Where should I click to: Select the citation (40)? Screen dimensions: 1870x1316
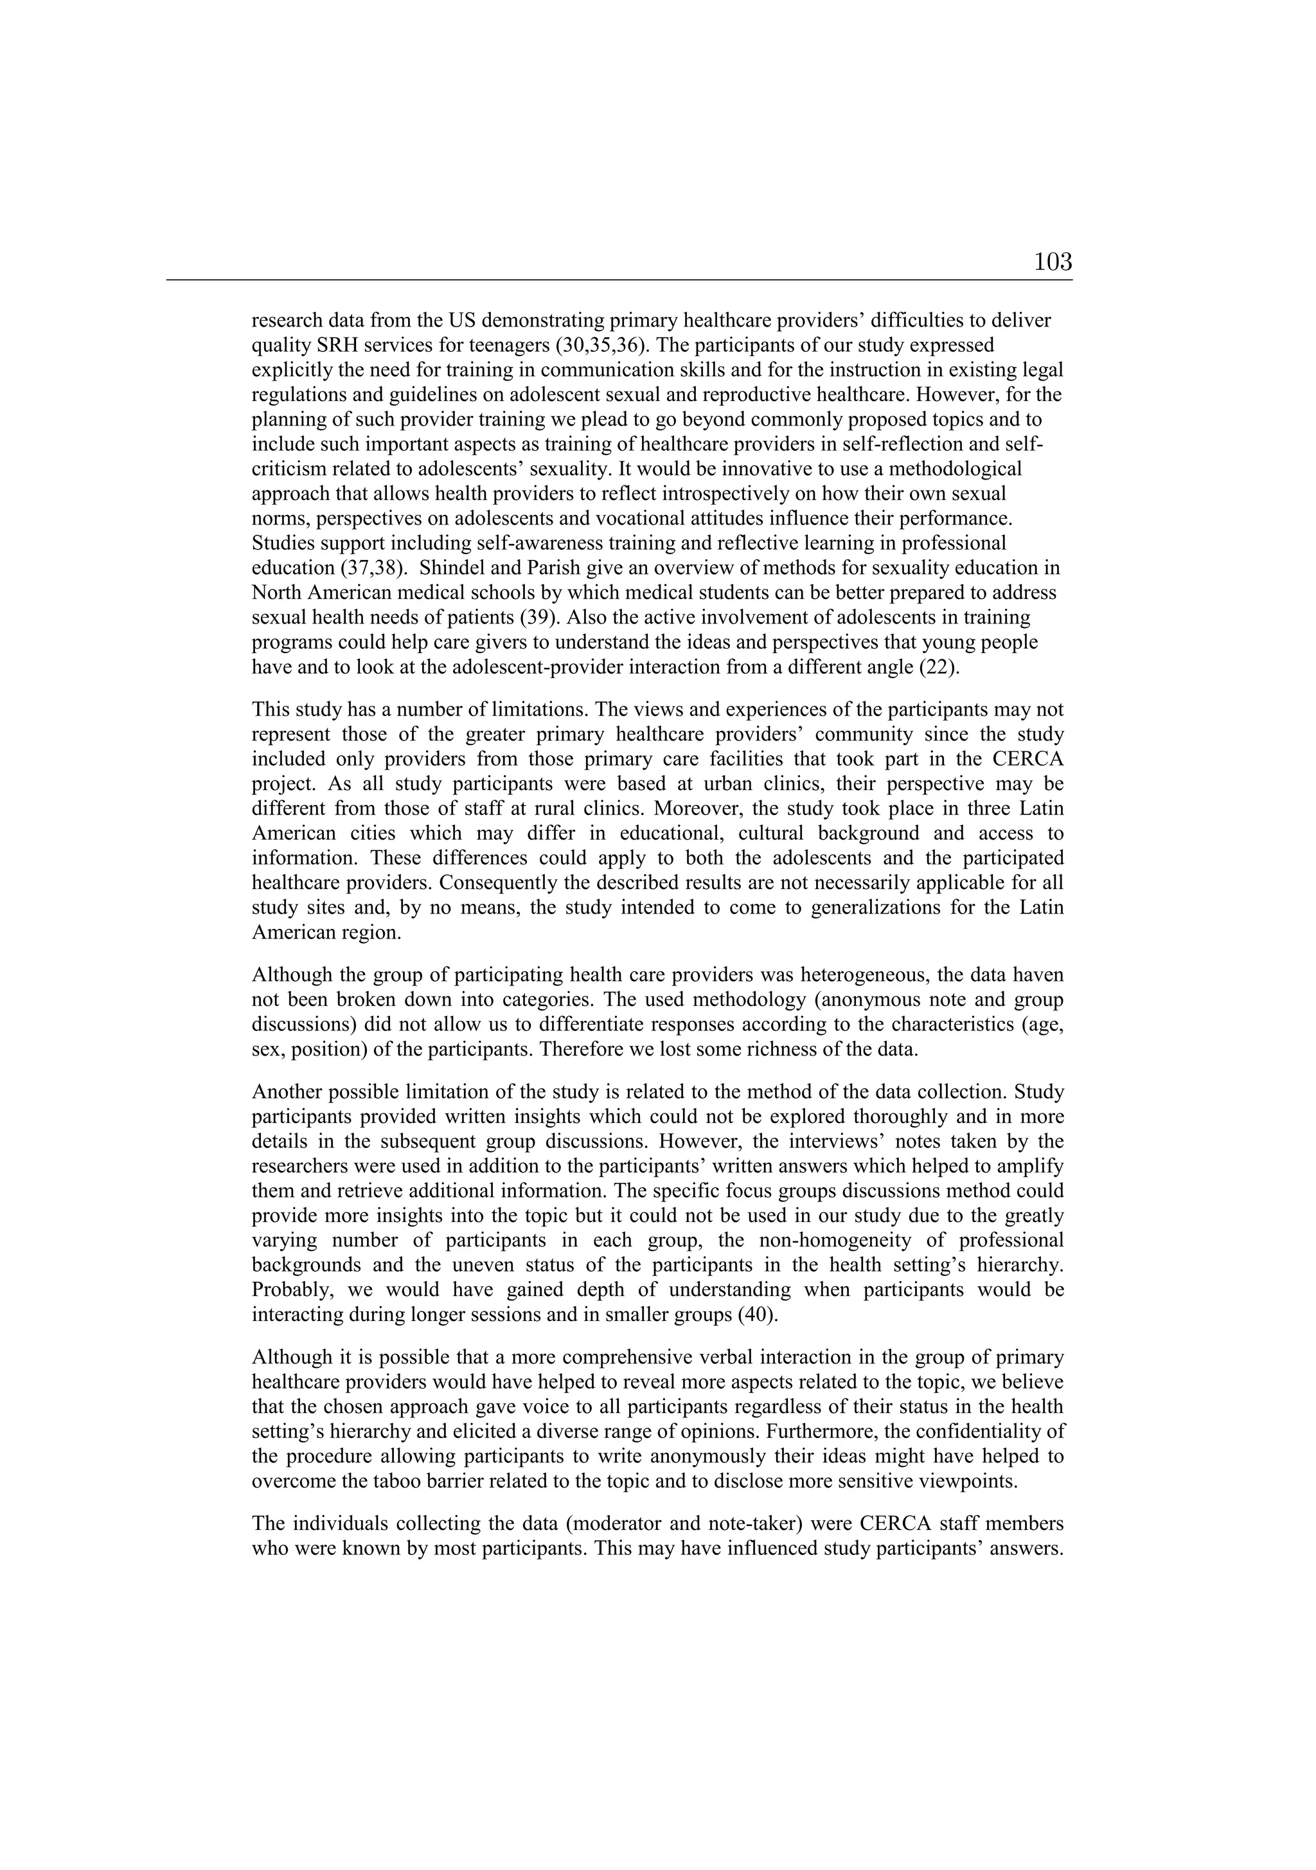pyautogui.click(x=756, y=1315)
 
